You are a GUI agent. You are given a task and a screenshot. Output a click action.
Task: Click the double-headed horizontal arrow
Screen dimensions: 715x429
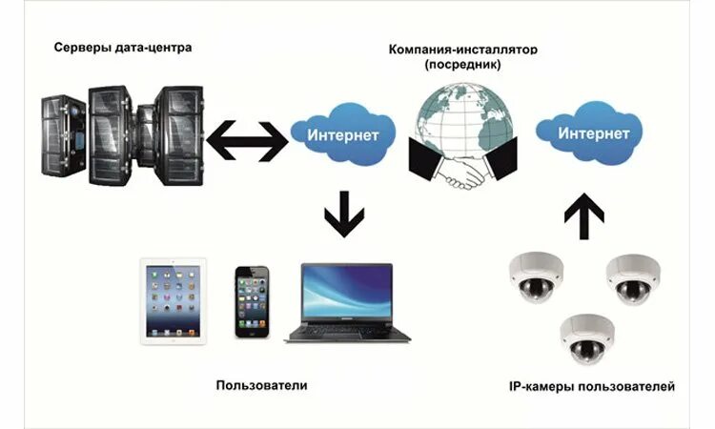[x=246, y=138]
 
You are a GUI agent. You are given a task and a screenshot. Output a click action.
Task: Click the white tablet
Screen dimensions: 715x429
[x=173, y=299]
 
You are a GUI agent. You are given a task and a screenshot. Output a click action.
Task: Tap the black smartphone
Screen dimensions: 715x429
[x=253, y=300]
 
